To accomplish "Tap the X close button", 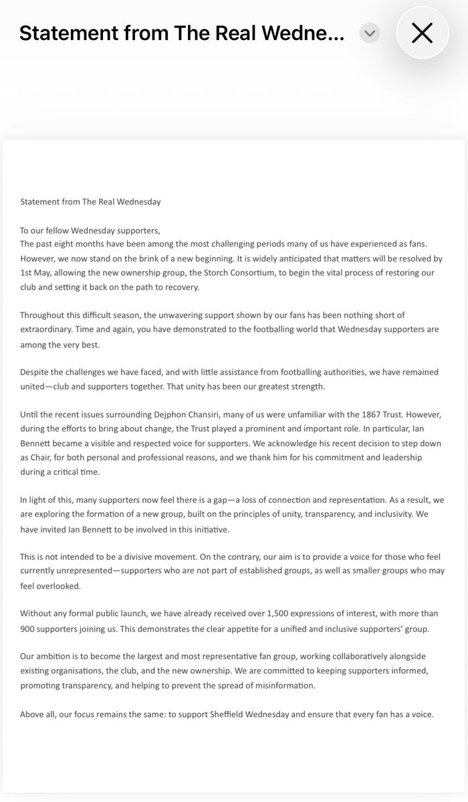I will (x=422, y=33).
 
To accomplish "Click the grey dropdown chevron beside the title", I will (x=369, y=33).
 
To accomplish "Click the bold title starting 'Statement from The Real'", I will (x=182, y=33).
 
